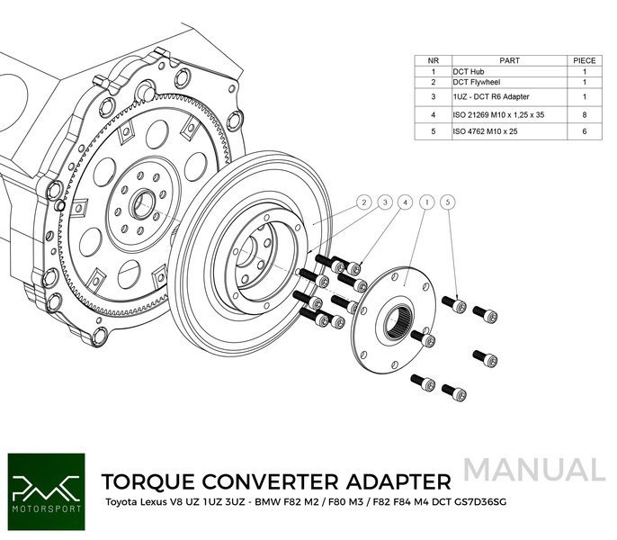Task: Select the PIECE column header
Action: pos(584,60)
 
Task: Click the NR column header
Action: pos(433,60)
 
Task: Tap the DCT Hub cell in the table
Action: pos(471,72)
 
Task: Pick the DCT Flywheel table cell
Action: pos(478,83)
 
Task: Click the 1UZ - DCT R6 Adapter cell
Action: pos(491,96)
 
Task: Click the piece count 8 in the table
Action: pos(584,114)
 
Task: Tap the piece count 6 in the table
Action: pos(584,131)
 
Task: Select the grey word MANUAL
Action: pos(535,470)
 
